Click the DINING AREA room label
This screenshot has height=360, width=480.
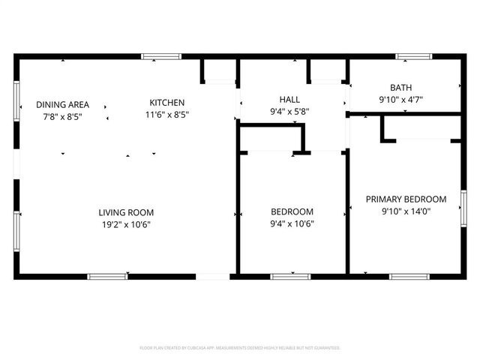coord(63,104)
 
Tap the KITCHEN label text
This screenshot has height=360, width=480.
coord(166,103)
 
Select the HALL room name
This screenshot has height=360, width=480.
coord(289,99)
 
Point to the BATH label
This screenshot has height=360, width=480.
coord(400,88)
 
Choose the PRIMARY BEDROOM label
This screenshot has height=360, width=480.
coord(406,199)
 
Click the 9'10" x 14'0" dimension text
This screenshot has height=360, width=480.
coord(406,211)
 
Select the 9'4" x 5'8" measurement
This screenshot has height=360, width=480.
coord(289,111)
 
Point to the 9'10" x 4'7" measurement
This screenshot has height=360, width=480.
coord(400,99)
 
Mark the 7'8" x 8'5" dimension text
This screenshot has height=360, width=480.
coord(63,115)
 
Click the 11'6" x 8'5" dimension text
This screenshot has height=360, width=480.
coord(166,115)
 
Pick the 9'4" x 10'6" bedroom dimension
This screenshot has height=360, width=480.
coord(292,223)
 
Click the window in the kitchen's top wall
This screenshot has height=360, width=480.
coord(161,56)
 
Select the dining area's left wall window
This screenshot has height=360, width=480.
coord(16,100)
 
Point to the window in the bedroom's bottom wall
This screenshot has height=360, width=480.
coord(290,277)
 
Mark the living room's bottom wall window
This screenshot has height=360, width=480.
coord(108,277)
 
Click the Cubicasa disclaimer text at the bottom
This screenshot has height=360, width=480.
coord(240,348)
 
